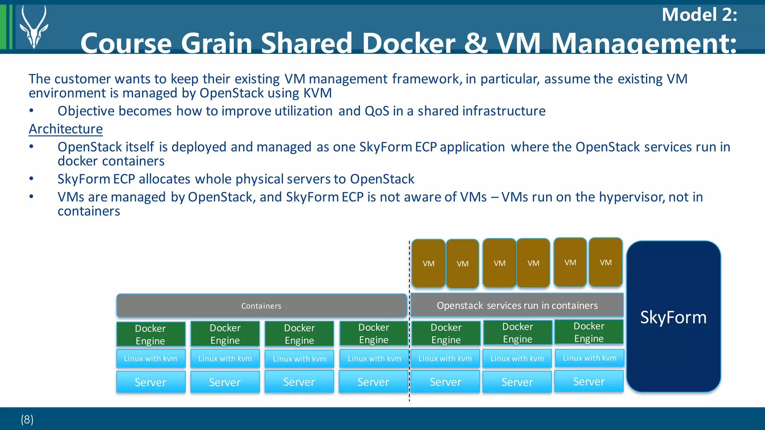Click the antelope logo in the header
(x=34, y=27)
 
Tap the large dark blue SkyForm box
(x=673, y=317)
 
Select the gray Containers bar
(x=261, y=306)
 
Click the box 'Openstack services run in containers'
(x=517, y=305)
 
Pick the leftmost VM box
(x=428, y=263)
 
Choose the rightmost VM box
(x=606, y=262)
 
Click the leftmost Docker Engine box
(x=151, y=334)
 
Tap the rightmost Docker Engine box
(x=589, y=332)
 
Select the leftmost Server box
(x=151, y=382)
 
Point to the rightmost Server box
(x=589, y=381)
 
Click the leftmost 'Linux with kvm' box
(x=151, y=358)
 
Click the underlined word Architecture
(x=66, y=129)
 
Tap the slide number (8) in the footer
(x=27, y=419)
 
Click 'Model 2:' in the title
(x=699, y=15)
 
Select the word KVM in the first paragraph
(x=318, y=93)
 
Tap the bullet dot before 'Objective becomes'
(x=32, y=111)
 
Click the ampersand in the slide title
(x=476, y=43)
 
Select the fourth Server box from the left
(x=373, y=382)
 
